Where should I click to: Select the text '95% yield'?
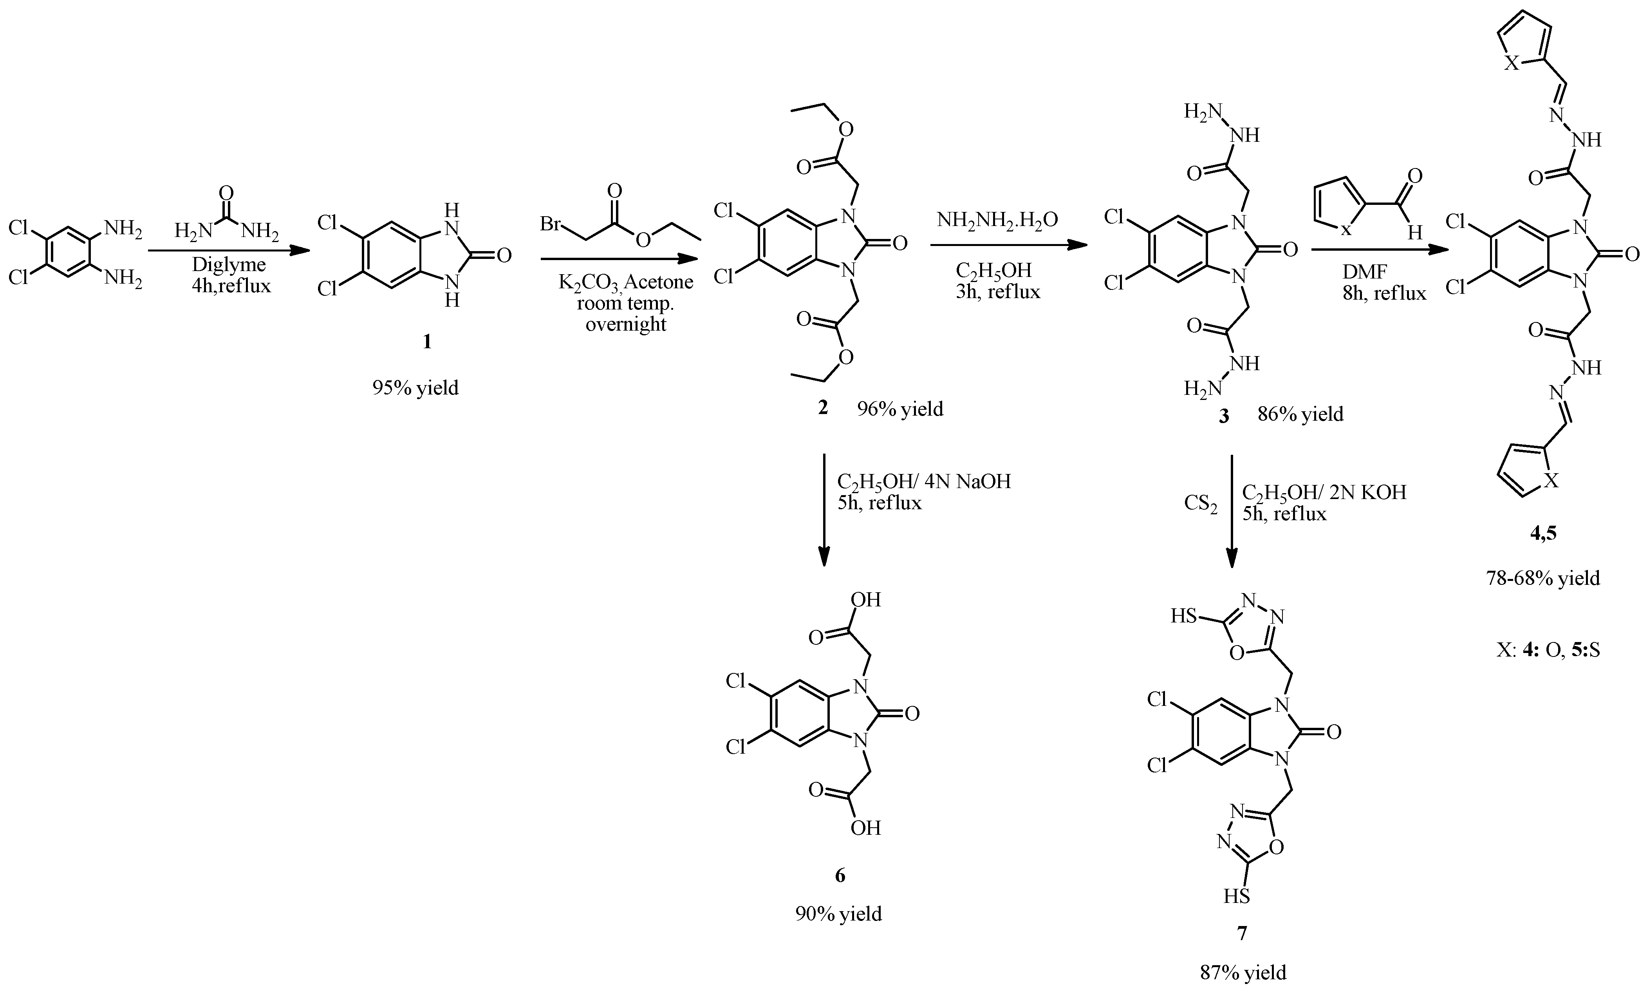[415, 388]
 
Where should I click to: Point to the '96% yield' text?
[900, 409]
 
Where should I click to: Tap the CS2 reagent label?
[1200, 503]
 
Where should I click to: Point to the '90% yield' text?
[838, 914]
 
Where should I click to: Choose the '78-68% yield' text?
[1543, 578]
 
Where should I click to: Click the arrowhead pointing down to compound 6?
[824, 557]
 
